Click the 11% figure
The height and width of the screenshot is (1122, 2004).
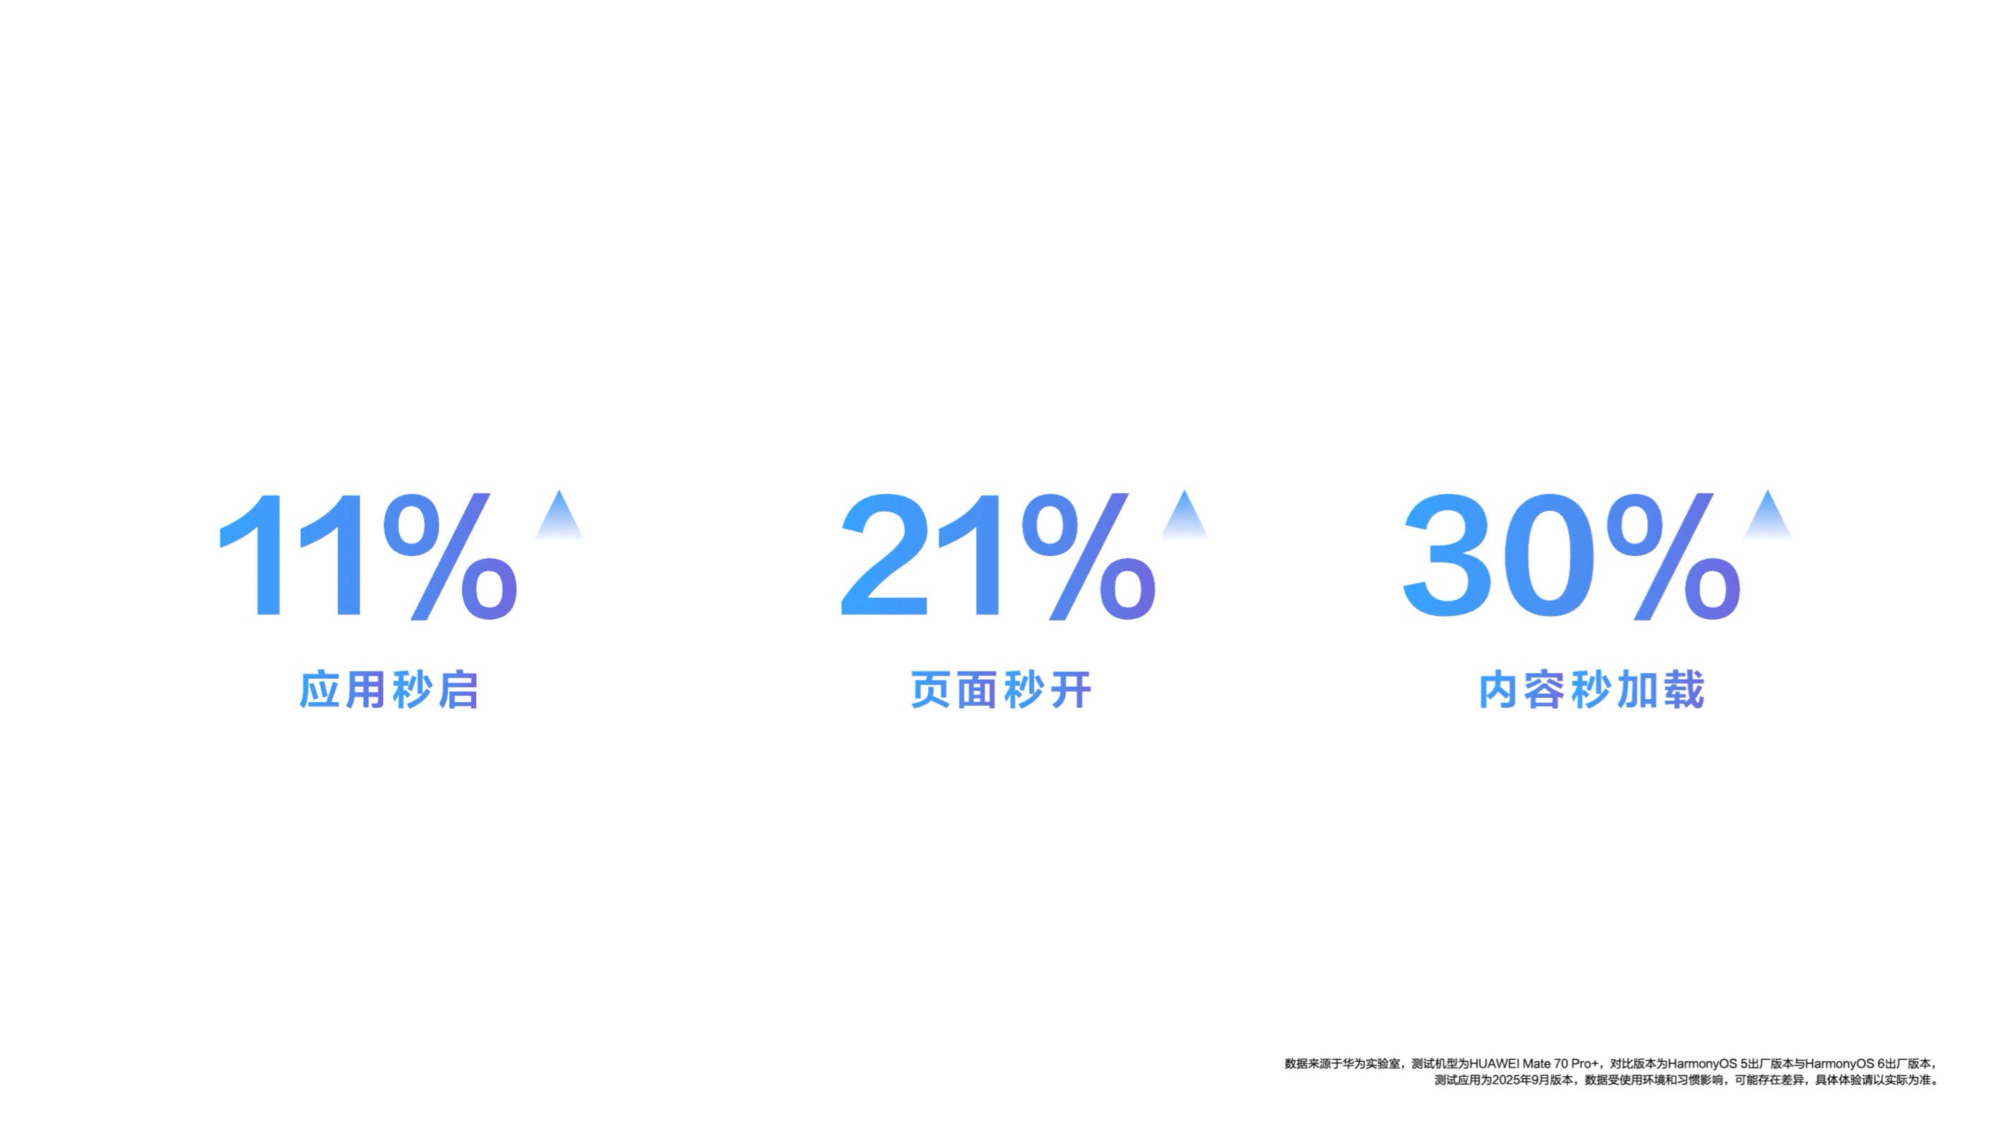368,555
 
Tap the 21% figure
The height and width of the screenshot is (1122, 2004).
998,555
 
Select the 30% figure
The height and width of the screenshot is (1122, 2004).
1572,555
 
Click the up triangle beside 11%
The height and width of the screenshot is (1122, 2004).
559,514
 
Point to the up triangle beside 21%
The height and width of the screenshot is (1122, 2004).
1184,514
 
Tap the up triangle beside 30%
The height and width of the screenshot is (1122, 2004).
1768,514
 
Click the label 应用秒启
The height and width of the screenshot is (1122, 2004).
388,689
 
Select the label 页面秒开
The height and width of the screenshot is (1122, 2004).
1000,689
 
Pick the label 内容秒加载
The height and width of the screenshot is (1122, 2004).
1591,689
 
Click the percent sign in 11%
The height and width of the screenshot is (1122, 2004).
451,555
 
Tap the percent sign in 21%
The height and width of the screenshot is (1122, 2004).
1089,555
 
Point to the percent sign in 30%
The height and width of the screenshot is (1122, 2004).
1674,555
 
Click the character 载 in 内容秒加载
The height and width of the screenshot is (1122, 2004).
1684,689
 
